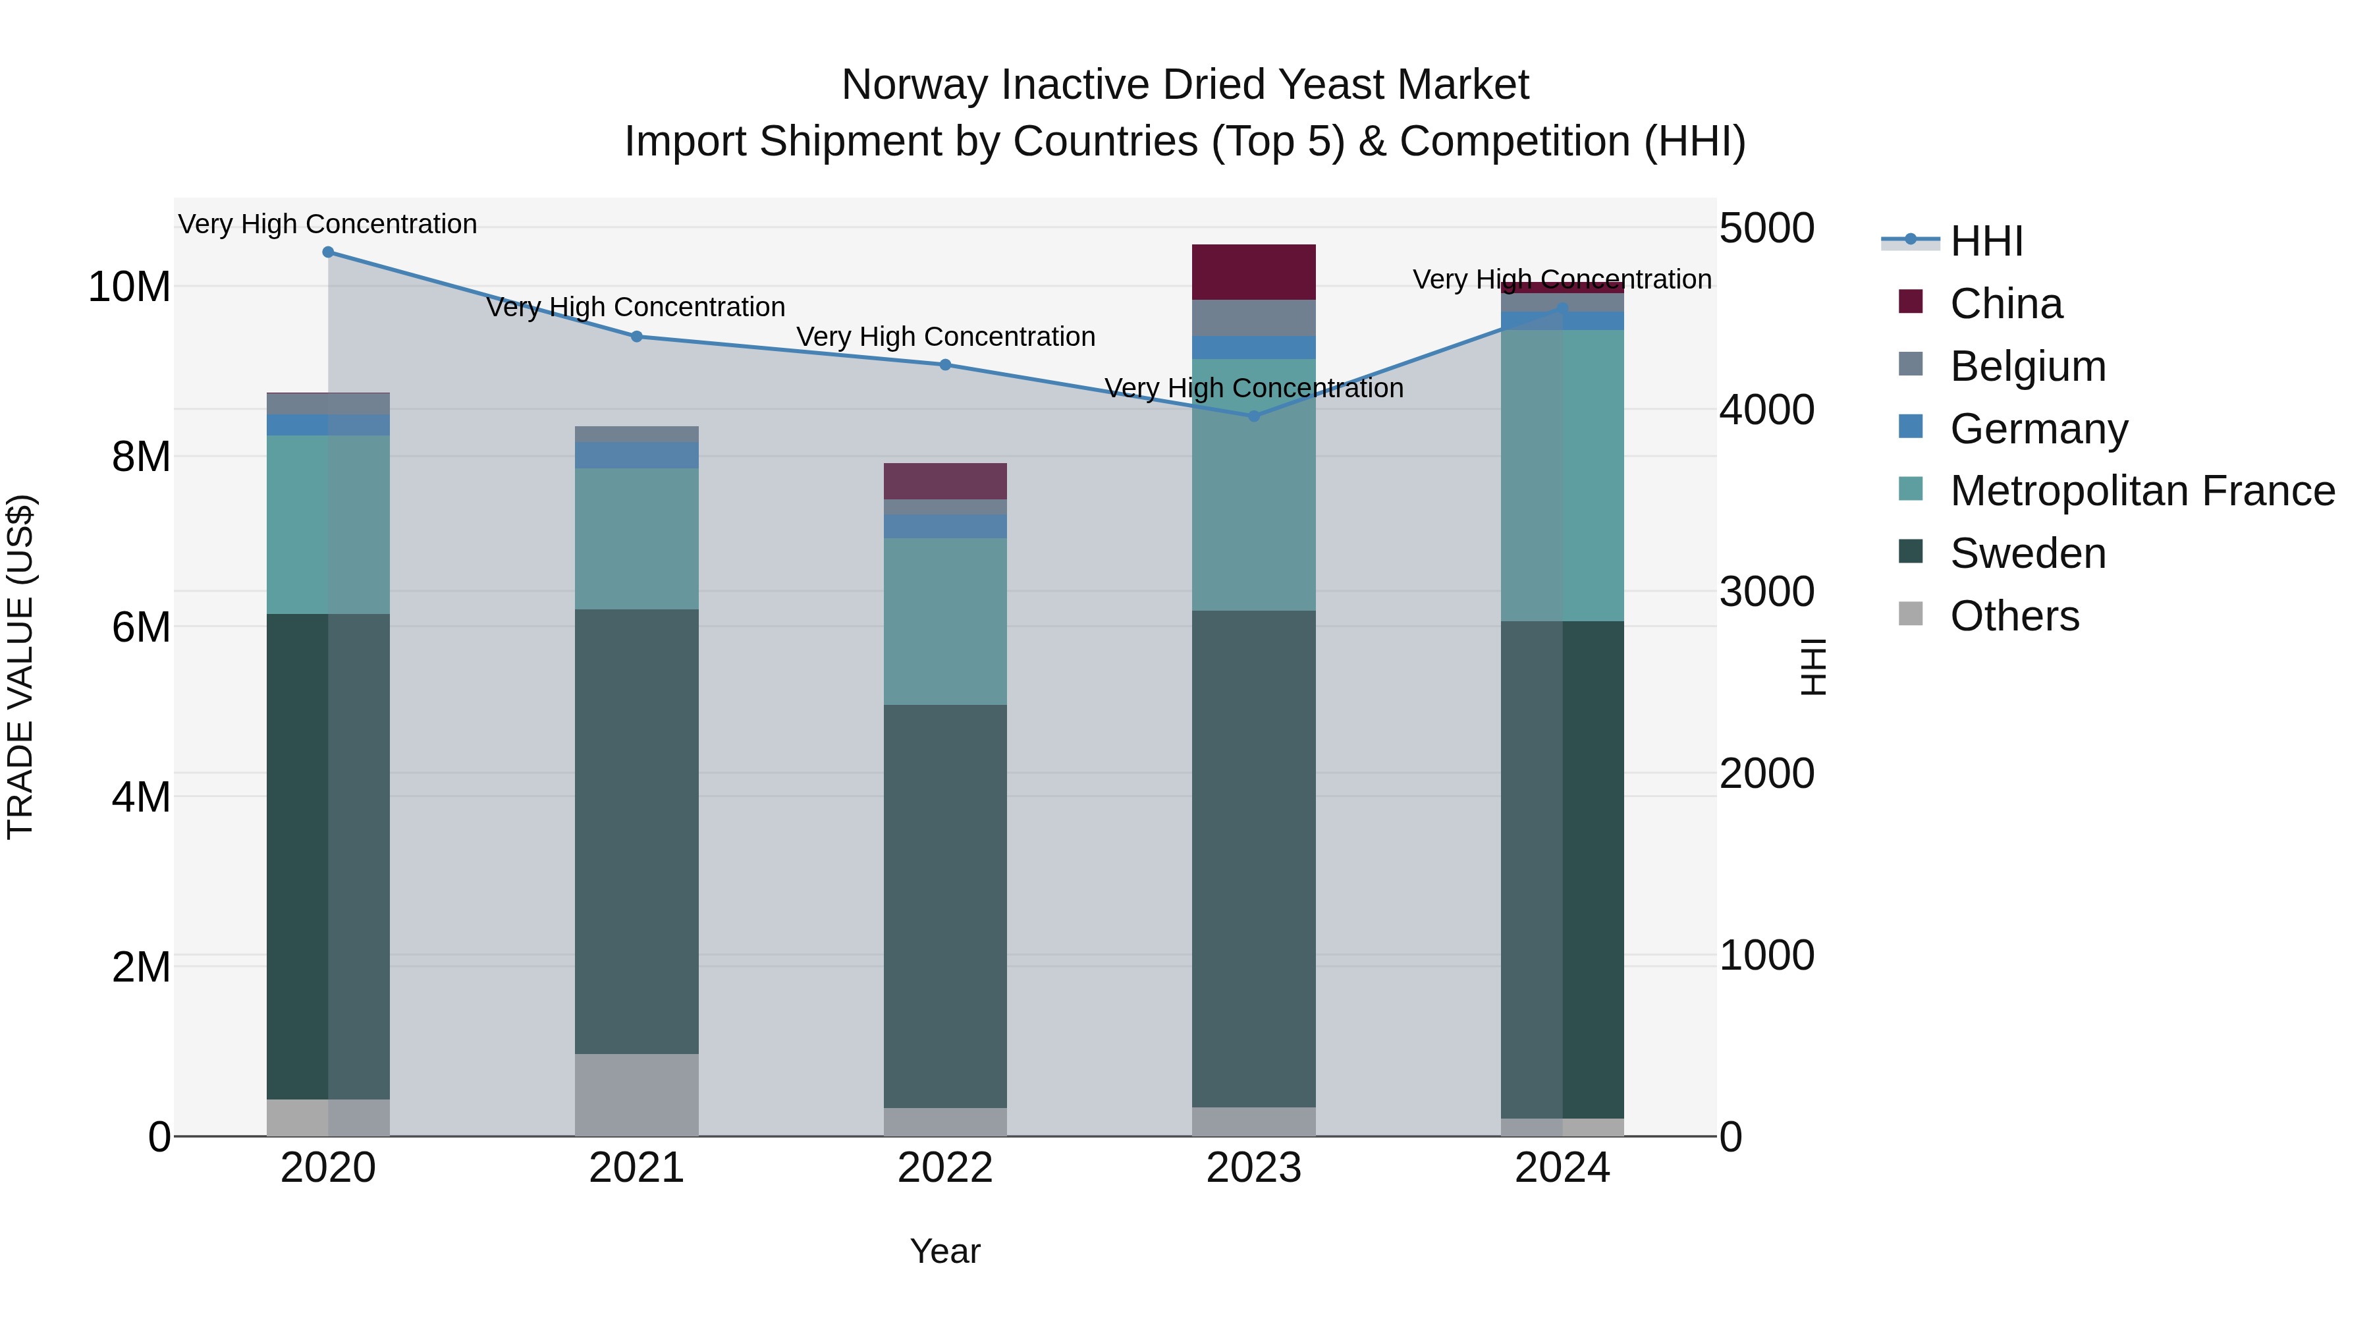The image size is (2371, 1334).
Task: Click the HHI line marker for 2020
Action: [x=328, y=252]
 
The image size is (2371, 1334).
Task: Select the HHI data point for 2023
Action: [x=1253, y=416]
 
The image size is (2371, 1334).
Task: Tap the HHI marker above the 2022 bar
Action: [x=945, y=364]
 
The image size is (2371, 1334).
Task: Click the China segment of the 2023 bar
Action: [x=1253, y=273]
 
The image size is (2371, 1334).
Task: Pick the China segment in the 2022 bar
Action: [x=945, y=482]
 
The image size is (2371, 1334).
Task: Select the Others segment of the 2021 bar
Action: [x=636, y=1095]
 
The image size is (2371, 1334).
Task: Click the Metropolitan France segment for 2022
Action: [x=945, y=621]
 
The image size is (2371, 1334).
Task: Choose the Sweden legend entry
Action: [x=2028, y=553]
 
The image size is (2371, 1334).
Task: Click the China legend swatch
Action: [x=1911, y=302]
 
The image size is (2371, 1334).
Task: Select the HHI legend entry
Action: [x=1986, y=241]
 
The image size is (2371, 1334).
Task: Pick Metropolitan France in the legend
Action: [x=2142, y=491]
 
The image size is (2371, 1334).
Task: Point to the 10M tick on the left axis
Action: [x=130, y=287]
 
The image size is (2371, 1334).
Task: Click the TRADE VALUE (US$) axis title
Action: [x=21, y=667]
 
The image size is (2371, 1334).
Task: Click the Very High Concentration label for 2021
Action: [x=636, y=308]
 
